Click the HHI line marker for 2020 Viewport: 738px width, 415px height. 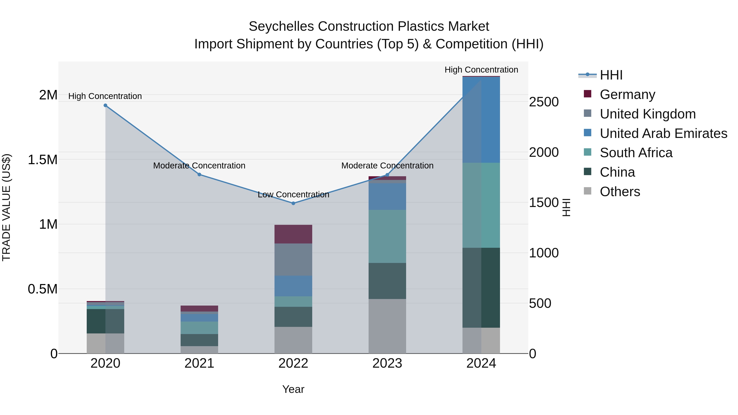click(x=105, y=105)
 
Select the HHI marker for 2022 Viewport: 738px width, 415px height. click(x=293, y=203)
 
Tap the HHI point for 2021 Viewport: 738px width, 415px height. click(x=199, y=174)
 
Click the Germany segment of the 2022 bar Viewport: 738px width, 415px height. click(x=293, y=234)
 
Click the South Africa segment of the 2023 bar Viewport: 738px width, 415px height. click(x=387, y=236)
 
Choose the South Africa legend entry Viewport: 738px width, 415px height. click(x=636, y=153)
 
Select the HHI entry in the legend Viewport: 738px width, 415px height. click(x=611, y=75)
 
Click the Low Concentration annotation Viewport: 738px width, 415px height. click(x=293, y=194)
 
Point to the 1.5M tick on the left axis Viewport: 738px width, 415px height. click(x=42, y=159)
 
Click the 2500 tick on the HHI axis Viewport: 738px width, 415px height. click(x=543, y=102)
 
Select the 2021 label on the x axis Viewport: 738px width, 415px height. click(x=199, y=363)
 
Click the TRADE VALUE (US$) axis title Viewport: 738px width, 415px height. click(x=7, y=207)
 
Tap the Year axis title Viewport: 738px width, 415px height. click(x=293, y=389)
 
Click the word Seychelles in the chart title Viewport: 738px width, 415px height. click(x=281, y=26)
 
